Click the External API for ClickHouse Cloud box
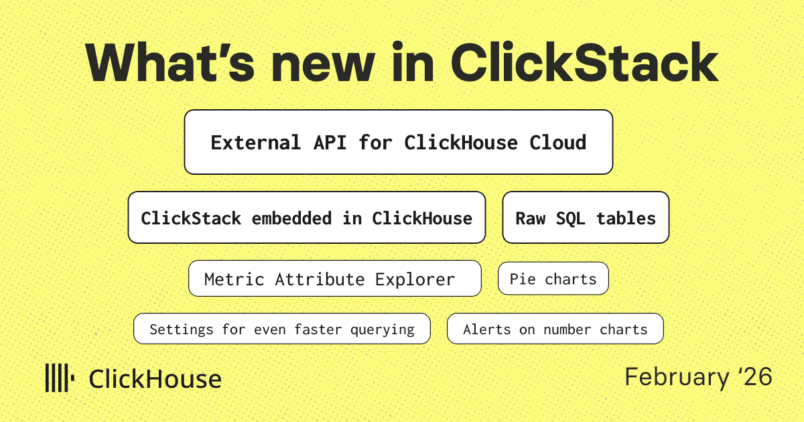(x=398, y=142)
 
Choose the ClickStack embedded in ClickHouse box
(x=306, y=218)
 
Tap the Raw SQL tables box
(x=585, y=218)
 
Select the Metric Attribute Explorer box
(x=334, y=279)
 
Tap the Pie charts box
(x=553, y=279)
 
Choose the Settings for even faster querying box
(x=281, y=329)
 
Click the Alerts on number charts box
(x=555, y=329)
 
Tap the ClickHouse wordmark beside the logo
(x=155, y=379)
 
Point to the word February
(x=677, y=377)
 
